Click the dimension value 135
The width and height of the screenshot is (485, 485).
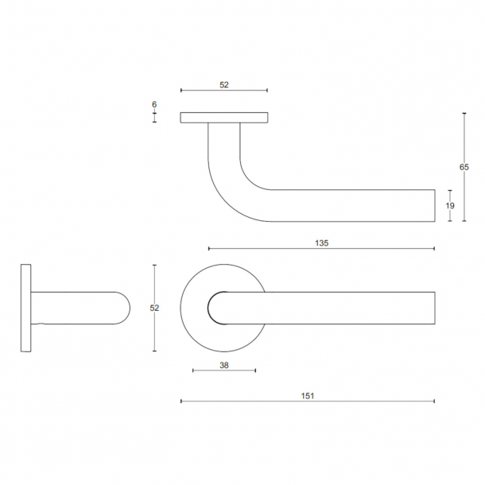(321, 242)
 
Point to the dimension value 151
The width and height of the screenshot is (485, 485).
(308, 394)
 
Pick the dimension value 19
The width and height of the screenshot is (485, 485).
(450, 205)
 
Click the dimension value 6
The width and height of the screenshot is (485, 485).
(154, 105)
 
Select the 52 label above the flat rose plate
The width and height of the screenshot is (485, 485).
(224, 83)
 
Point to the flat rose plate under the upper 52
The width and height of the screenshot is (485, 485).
(224, 118)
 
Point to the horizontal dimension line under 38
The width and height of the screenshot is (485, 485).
(224, 371)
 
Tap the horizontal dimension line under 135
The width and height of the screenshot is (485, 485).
(321, 249)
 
